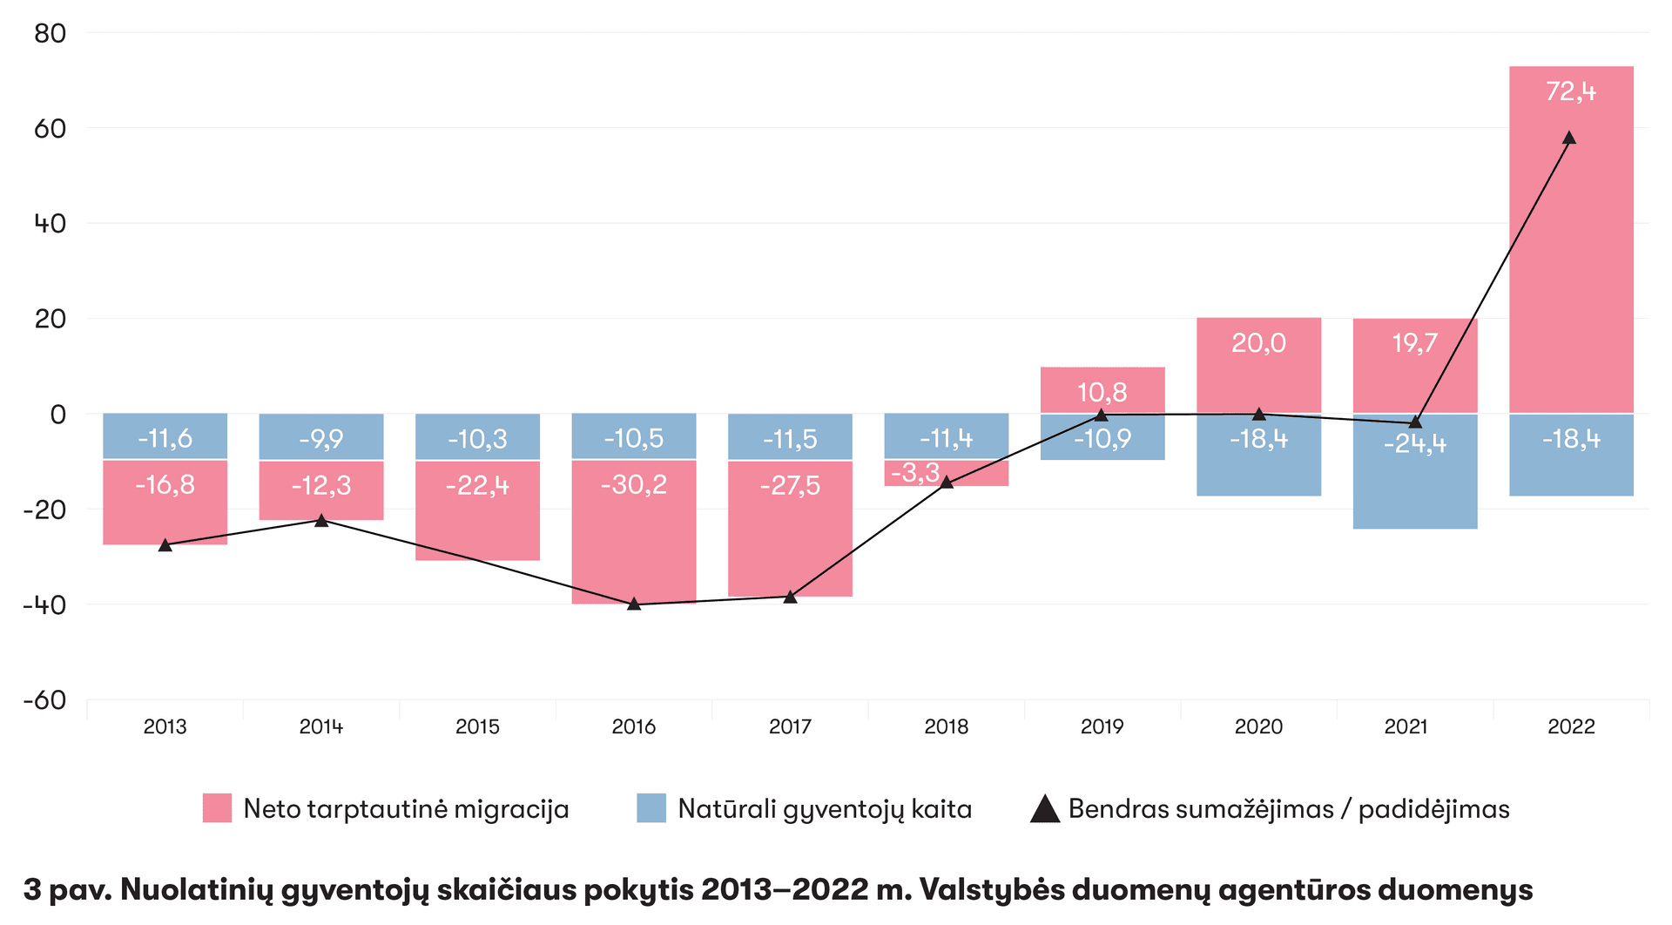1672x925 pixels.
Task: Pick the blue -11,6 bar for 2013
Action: (x=165, y=435)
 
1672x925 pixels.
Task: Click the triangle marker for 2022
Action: (x=1569, y=138)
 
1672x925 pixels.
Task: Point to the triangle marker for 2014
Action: (x=321, y=520)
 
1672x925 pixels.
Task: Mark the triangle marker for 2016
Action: (x=634, y=603)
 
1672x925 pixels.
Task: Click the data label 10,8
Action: (x=1102, y=393)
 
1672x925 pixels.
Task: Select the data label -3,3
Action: (x=915, y=473)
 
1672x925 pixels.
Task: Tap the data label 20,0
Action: (x=1258, y=343)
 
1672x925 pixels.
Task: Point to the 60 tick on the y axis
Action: (x=51, y=129)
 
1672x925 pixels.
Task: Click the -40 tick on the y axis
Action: (x=44, y=605)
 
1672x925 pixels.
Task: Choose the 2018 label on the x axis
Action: (x=947, y=726)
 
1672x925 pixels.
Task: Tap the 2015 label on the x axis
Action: (x=477, y=726)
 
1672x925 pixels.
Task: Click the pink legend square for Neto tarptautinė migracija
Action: (x=217, y=808)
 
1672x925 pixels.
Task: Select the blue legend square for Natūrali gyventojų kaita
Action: (x=651, y=808)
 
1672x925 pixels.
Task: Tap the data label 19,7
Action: (x=1414, y=343)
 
